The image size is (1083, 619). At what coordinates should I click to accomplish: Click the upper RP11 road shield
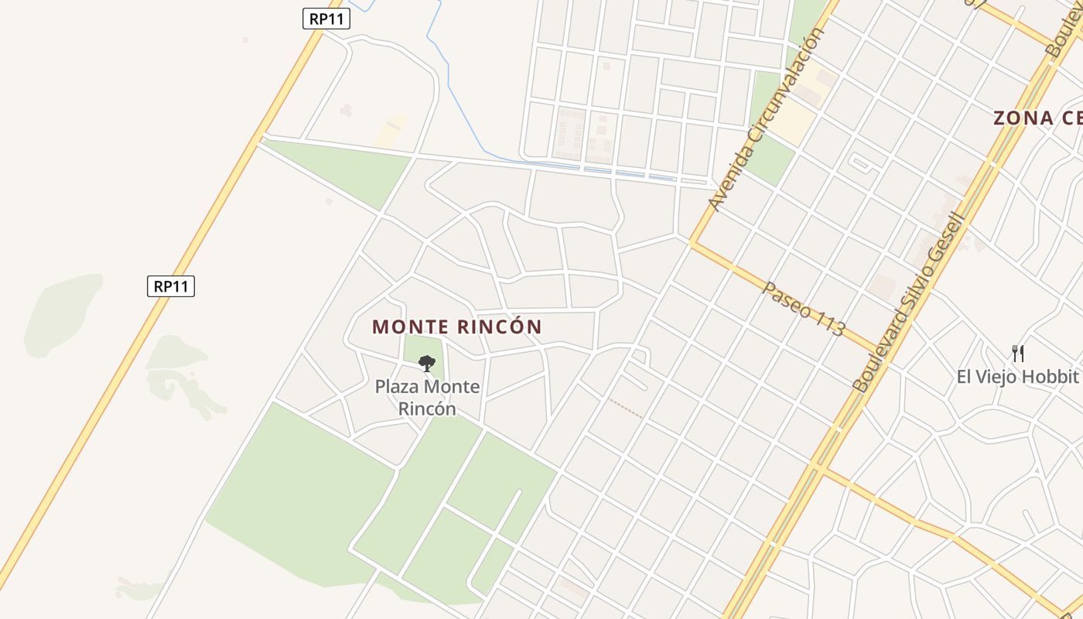(x=326, y=19)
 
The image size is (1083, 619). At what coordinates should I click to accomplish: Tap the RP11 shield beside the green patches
(x=171, y=286)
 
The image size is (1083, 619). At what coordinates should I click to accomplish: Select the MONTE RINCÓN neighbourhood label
(x=456, y=327)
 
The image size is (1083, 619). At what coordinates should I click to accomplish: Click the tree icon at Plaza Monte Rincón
(x=426, y=363)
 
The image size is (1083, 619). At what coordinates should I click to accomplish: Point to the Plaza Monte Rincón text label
(x=427, y=397)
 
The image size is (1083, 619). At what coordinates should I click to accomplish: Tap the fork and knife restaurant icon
(x=1018, y=354)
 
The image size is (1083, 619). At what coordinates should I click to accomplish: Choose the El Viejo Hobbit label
(x=1017, y=377)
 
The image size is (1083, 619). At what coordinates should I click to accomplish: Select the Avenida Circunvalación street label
(x=767, y=120)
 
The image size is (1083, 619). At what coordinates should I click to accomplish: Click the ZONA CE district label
(x=1037, y=118)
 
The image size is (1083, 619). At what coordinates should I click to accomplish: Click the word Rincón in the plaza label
(x=427, y=409)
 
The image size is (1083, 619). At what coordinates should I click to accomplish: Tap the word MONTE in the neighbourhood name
(x=410, y=327)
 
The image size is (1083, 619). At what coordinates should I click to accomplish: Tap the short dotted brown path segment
(x=625, y=409)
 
